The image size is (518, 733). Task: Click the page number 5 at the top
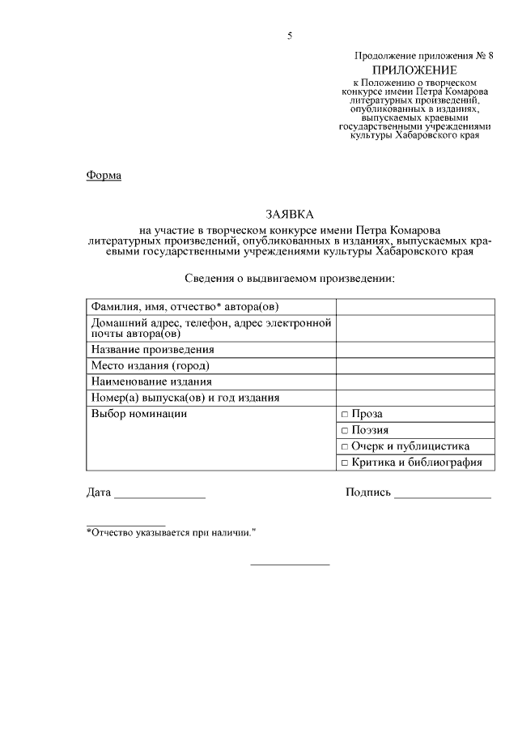(x=289, y=35)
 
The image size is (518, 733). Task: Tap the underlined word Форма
(x=104, y=176)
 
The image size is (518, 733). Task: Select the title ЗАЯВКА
(x=288, y=215)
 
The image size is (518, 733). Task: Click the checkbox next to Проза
(x=344, y=414)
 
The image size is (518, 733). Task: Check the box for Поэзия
(x=344, y=430)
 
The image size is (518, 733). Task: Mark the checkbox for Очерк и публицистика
(x=344, y=446)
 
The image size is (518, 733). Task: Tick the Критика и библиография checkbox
(x=344, y=462)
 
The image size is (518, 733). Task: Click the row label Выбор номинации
(x=139, y=414)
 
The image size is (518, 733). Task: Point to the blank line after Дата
(x=159, y=493)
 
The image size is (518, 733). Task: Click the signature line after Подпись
(x=443, y=493)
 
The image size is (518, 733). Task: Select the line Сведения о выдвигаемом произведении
(x=289, y=279)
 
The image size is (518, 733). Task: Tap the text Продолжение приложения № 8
(x=423, y=55)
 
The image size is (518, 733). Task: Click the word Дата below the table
(x=99, y=492)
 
